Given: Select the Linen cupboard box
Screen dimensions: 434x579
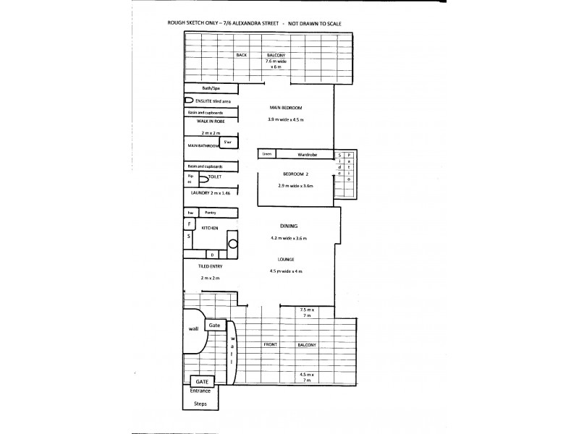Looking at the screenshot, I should point(266,154).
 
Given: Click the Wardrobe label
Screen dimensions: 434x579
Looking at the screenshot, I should point(309,154).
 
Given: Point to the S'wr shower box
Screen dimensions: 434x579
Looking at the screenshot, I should point(228,142).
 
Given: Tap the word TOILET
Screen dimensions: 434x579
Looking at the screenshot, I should point(214,176).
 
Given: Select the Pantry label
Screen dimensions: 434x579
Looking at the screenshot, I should point(210,213).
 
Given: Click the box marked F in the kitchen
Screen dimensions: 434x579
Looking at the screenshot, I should point(190,224).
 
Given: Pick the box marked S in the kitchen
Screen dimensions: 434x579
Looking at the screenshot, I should point(190,236).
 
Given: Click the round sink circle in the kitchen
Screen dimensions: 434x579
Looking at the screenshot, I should point(233,245).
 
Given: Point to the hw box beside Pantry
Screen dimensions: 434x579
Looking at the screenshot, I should point(190,213).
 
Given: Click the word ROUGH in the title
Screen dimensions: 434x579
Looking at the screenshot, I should point(176,24).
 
